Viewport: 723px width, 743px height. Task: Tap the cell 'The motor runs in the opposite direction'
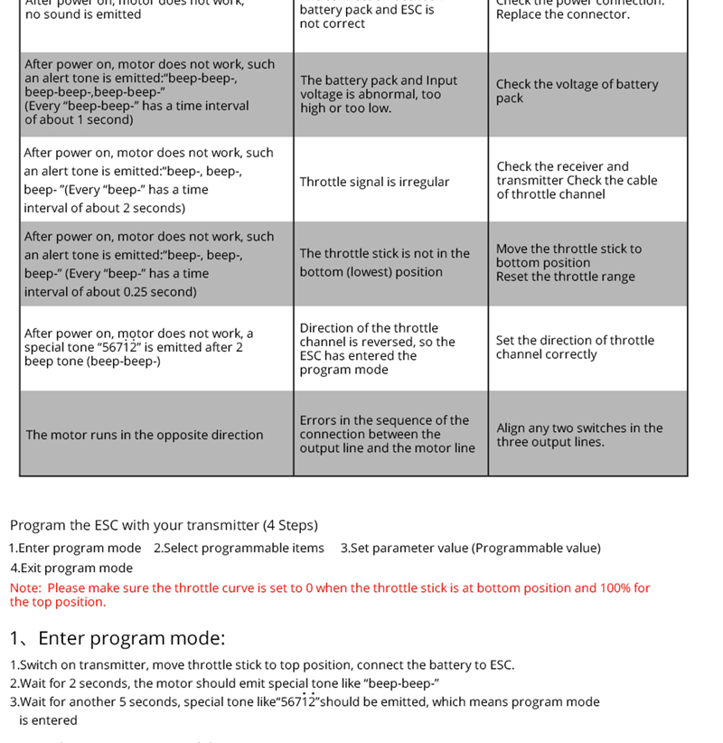145,435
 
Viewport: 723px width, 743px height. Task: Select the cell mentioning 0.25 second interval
149,264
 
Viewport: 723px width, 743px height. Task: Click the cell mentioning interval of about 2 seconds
149,180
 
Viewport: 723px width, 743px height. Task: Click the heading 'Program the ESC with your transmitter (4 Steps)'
164,525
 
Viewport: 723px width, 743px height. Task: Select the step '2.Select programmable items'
239,548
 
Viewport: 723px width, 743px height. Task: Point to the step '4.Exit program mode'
71,568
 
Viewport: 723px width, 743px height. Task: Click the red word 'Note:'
25,588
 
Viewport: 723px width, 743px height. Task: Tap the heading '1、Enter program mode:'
117,638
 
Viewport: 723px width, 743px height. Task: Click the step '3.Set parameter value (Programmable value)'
470,548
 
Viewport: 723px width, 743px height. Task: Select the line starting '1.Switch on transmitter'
262,664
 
